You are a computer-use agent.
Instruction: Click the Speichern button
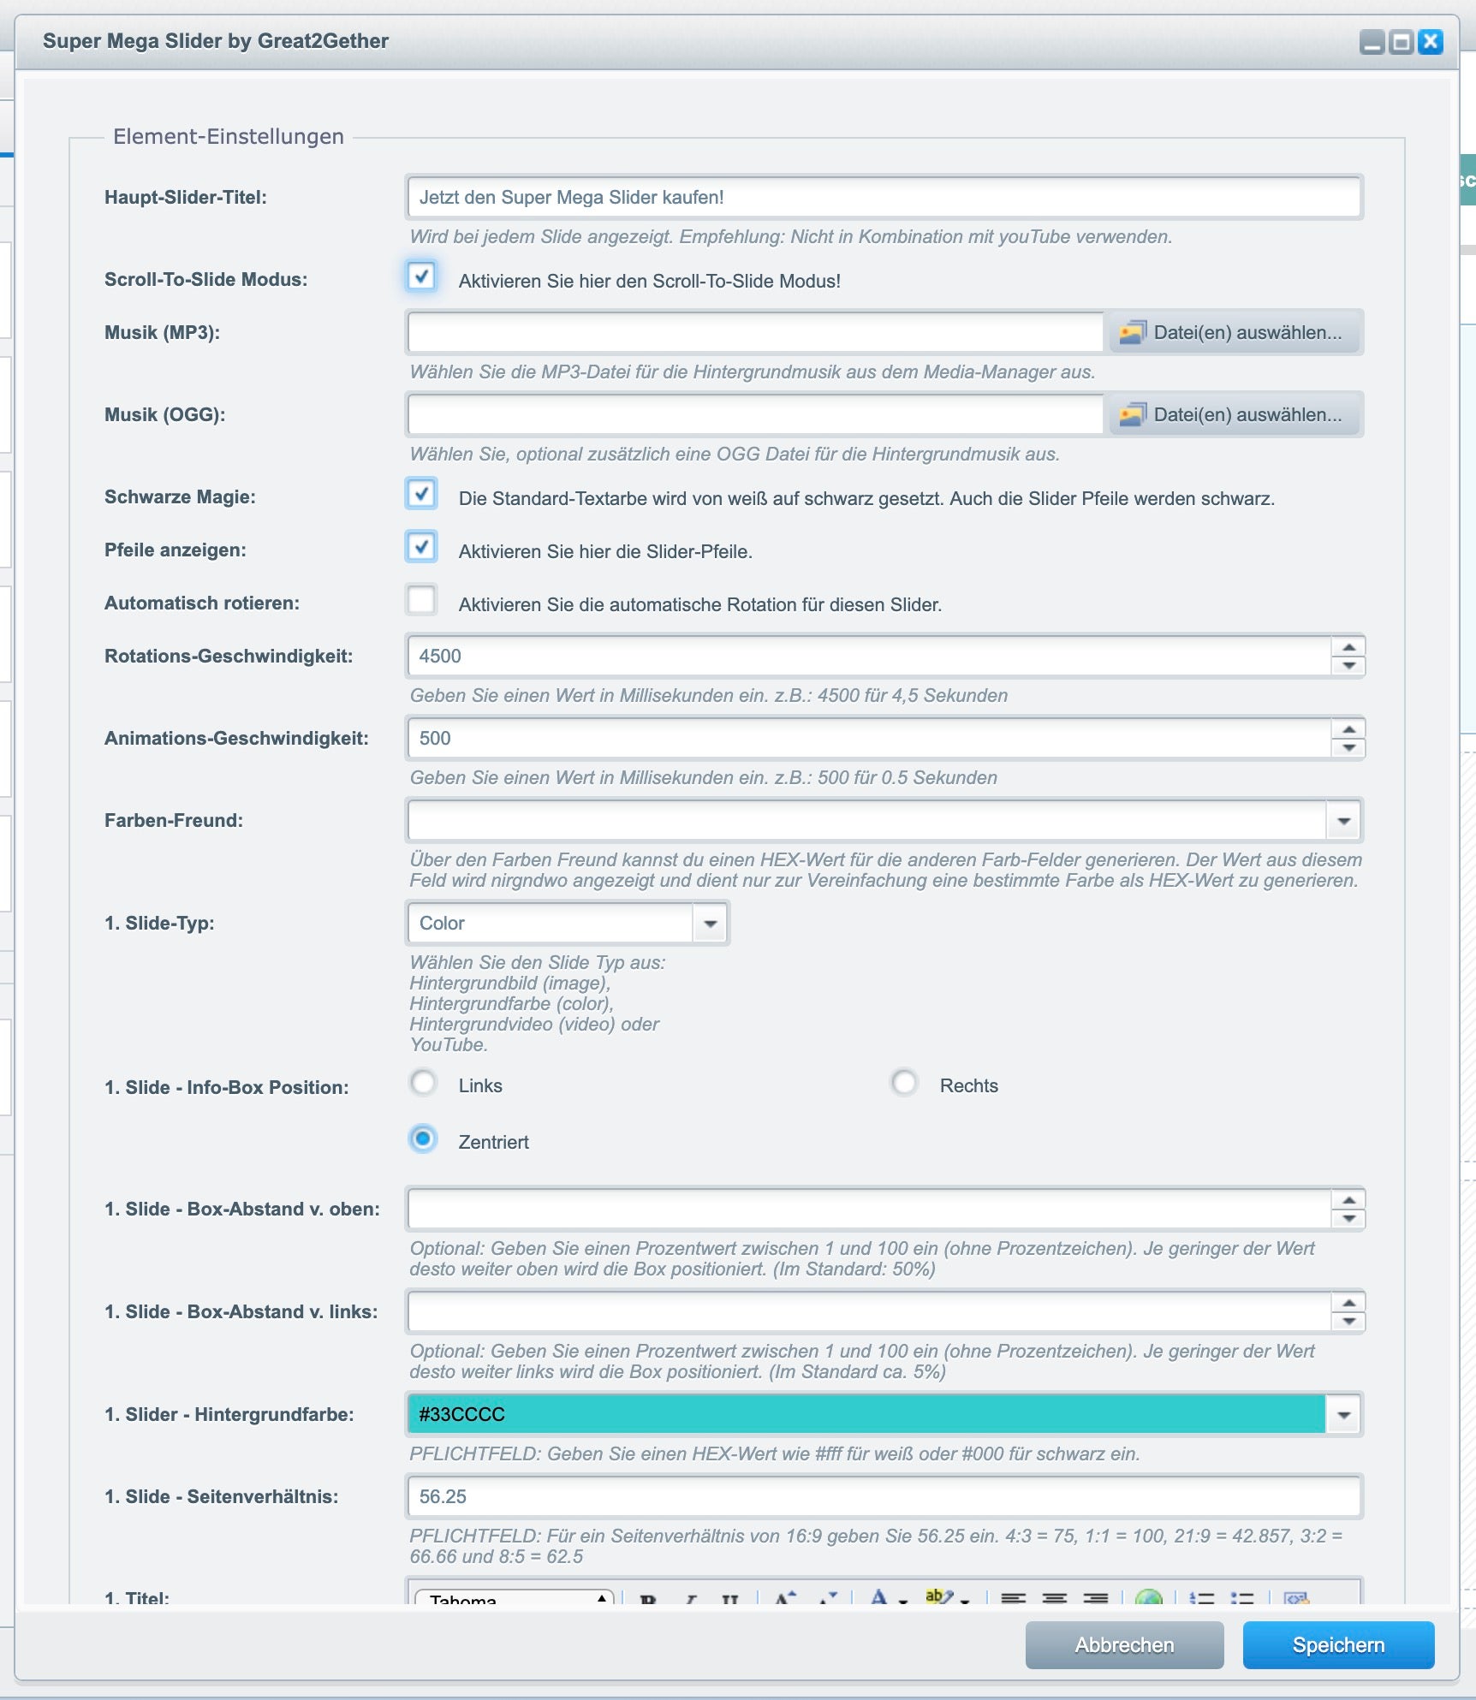tap(1337, 1644)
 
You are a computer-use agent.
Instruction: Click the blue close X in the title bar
tap(1430, 42)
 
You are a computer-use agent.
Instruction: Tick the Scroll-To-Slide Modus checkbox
tap(421, 276)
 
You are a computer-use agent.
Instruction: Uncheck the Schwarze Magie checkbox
tap(421, 494)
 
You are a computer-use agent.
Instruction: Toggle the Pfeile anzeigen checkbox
tap(421, 547)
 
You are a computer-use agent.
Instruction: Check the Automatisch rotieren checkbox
tap(421, 600)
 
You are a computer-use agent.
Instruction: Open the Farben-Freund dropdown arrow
tap(1343, 821)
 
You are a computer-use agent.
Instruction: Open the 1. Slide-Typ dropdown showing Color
tap(710, 924)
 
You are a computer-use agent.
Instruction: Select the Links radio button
tap(423, 1084)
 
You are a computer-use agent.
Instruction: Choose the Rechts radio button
tap(904, 1084)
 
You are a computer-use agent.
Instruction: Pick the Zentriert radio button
tap(423, 1139)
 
